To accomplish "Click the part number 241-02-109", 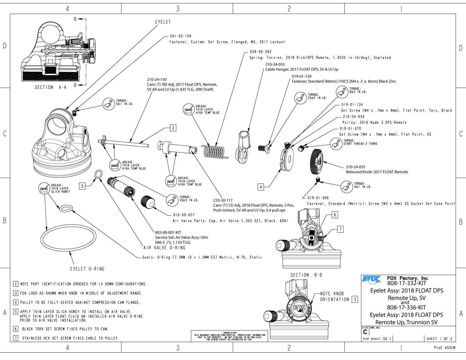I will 180,36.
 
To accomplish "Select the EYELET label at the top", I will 163,22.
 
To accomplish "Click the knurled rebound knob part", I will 317,161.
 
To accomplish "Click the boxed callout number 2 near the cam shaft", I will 173,128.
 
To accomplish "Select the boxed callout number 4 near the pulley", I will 261,187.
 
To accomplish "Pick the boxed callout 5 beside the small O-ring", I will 82,186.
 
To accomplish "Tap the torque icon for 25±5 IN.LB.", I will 300,97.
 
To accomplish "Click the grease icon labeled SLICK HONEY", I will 44,189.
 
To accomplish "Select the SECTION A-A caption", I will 49,87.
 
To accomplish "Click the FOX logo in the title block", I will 371,279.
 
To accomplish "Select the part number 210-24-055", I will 355,167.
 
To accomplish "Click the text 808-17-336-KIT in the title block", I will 406,308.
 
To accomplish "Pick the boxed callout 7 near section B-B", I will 340,229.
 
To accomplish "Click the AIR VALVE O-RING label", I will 164,248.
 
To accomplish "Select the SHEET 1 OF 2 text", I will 440,339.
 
